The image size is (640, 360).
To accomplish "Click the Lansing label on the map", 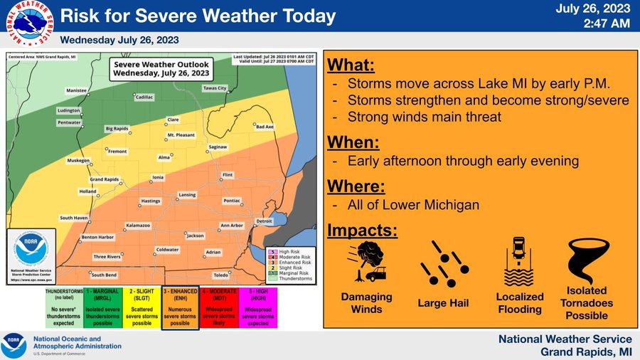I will click(x=187, y=194).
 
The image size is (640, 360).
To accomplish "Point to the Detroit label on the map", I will click(x=264, y=221).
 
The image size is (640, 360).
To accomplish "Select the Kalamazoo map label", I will click(x=138, y=225).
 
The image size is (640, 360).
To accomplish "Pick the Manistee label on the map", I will click(x=75, y=91).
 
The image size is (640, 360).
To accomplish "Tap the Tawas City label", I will click(x=215, y=88).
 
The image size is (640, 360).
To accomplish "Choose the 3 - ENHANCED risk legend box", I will click(x=180, y=307).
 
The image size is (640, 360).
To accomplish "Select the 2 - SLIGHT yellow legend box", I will click(x=142, y=307).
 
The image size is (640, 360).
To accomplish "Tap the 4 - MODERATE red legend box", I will click(x=219, y=307).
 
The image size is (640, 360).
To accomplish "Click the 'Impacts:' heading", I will click(x=362, y=231).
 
